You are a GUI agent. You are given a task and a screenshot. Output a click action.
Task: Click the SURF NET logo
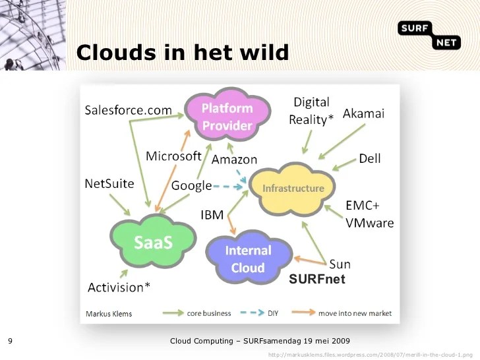tap(429, 34)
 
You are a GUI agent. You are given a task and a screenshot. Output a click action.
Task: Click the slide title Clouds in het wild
tap(183, 52)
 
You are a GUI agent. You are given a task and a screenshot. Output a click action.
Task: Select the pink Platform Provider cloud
tap(227, 117)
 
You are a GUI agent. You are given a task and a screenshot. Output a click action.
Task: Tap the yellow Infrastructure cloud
tap(293, 189)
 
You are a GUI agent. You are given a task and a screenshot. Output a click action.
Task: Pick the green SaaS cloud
tap(152, 242)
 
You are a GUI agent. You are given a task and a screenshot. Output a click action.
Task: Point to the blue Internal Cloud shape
tap(248, 259)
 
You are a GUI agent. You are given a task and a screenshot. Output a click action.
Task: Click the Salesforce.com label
tap(128, 110)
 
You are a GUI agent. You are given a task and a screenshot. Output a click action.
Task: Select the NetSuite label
tap(109, 183)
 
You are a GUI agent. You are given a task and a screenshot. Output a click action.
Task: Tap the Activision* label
tap(119, 287)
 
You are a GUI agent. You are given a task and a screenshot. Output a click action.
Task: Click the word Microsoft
tap(173, 156)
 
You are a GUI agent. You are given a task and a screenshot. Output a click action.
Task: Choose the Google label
tap(191, 186)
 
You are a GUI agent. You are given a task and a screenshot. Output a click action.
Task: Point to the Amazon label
tap(234, 160)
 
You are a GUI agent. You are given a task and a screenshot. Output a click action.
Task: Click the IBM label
tap(212, 214)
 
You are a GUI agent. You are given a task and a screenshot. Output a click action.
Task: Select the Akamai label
tap(363, 113)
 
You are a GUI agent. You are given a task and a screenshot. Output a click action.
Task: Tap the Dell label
tap(369, 159)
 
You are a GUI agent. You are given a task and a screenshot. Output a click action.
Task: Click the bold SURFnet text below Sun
tap(316, 280)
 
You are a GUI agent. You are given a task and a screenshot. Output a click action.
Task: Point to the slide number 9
tap(10, 341)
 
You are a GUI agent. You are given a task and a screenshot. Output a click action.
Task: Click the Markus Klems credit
tap(109, 314)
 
